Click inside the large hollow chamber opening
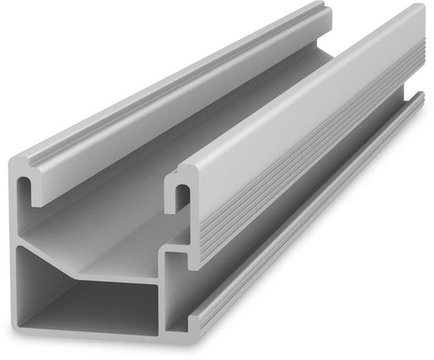(81, 292)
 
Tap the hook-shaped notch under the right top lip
(181, 197)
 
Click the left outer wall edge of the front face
(18, 254)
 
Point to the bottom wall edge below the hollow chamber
(93, 333)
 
